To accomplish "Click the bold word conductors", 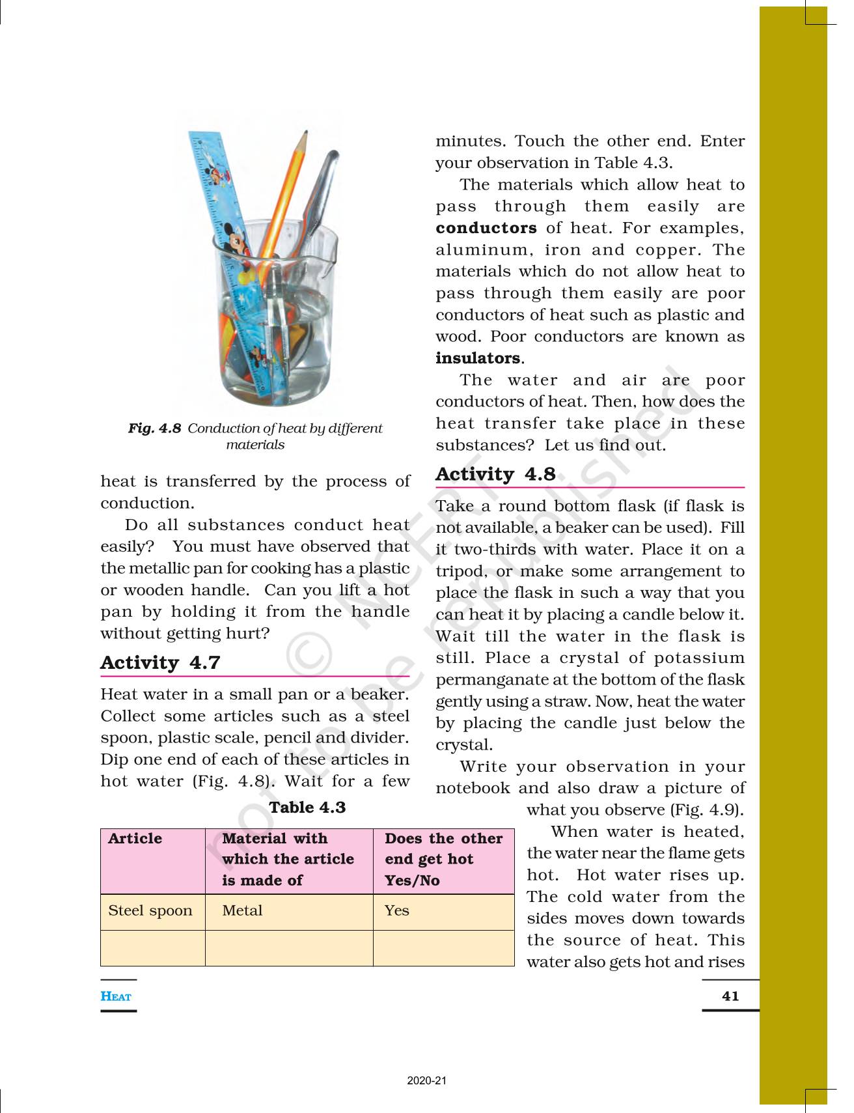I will pos(486,228).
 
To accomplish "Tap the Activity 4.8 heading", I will pos(495,474).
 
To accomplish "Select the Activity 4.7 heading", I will pos(160,662).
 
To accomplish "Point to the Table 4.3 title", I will pos(307,808).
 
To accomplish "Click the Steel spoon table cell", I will pos(150,910).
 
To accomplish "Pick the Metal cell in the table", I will pos(242,910).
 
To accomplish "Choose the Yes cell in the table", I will pos(396,910).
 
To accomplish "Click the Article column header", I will pos(135,838).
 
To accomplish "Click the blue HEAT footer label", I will pos(116,996).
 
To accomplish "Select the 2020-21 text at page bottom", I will pos(427,1080).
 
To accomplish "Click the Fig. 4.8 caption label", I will pos(154,429).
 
